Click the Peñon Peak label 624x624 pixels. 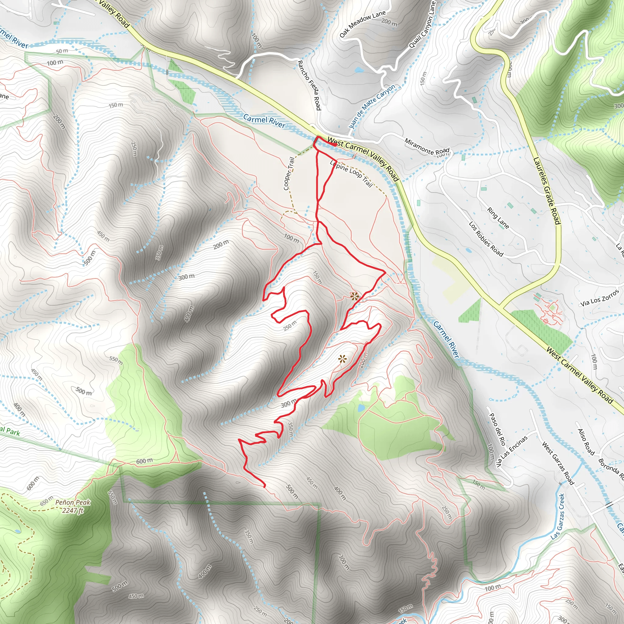coord(73,502)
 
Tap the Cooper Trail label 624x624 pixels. coord(289,173)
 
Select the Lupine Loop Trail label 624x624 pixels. coord(351,173)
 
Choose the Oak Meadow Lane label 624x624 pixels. coord(363,23)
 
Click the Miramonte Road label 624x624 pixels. coord(427,147)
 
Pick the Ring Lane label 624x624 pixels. coord(498,218)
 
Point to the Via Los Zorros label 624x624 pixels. coord(600,298)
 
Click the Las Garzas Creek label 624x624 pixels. coord(558,516)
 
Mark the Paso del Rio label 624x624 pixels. coord(497,429)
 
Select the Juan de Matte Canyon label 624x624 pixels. coord(372,106)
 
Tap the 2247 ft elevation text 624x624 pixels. coord(73,511)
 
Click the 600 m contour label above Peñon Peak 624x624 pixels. coord(144,461)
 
